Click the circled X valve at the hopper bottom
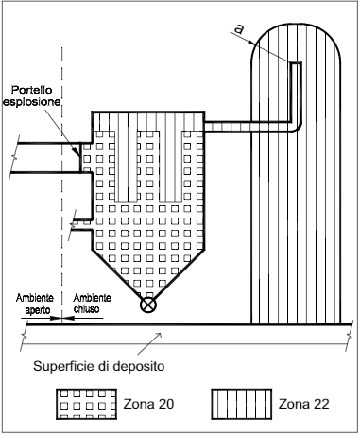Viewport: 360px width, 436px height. (x=147, y=305)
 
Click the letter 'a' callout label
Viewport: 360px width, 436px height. (x=239, y=29)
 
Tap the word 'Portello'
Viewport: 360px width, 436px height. (x=32, y=90)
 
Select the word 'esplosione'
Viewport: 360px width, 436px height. (x=32, y=102)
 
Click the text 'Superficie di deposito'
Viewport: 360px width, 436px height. (x=99, y=366)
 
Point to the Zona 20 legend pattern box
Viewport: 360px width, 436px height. (x=87, y=404)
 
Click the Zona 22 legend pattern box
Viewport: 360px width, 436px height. (x=242, y=404)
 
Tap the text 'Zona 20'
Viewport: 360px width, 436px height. (x=148, y=404)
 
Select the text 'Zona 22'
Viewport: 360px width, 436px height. (x=304, y=404)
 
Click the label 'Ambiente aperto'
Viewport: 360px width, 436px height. (x=35, y=304)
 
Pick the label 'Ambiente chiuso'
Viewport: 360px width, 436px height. (x=92, y=304)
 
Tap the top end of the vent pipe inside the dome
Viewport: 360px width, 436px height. (x=296, y=63)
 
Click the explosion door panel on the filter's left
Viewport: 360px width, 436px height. (x=80, y=157)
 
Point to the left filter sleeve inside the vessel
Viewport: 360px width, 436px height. (x=126, y=166)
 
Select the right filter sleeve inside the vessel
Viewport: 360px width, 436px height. (x=171, y=166)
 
